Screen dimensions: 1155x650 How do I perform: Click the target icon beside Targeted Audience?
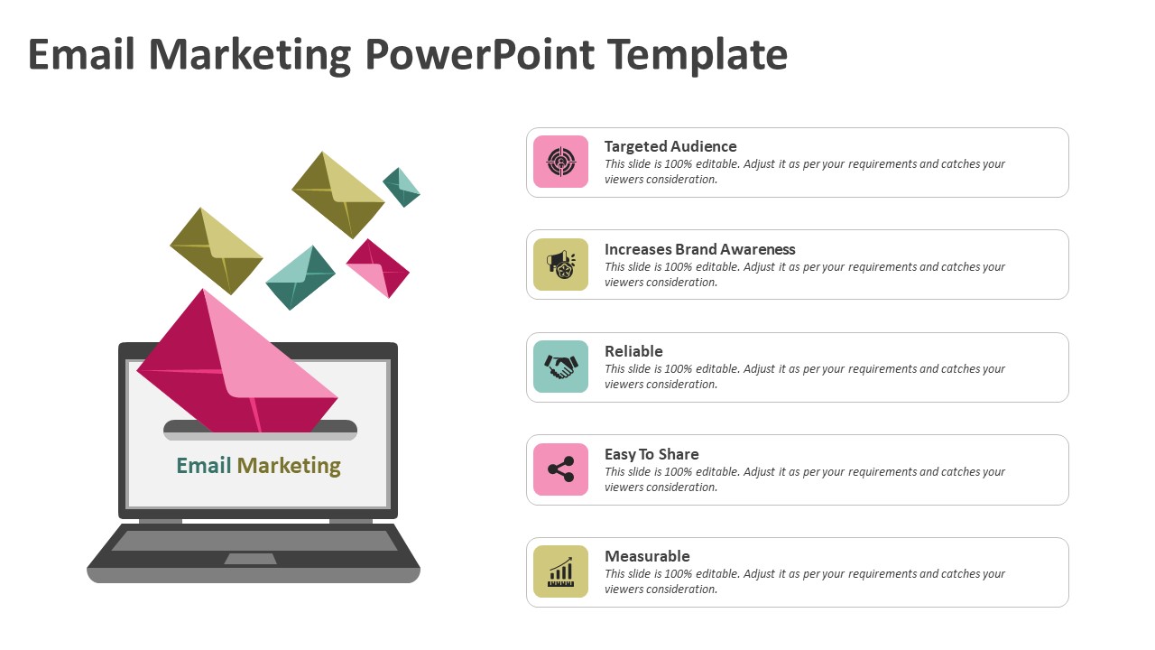[560, 162]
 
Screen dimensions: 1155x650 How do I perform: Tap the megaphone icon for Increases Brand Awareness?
[560, 265]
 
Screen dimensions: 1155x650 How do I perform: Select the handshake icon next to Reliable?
[560, 367]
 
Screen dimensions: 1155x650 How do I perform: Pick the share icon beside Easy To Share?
[560, 469]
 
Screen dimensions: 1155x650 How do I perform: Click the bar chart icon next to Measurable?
[560, 571]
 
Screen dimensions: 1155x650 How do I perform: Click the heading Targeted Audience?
[670, 146]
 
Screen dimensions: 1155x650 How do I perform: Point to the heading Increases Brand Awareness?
[699, 249]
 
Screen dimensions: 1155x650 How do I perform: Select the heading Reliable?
[633, 351]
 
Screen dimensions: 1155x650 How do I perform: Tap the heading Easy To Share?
[651, 454]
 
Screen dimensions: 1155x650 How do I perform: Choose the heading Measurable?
[647, 556]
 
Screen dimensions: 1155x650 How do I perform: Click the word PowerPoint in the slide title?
[480, 54]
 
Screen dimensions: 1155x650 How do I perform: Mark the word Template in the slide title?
[698, 56]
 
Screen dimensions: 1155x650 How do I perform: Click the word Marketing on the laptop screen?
[289, 466]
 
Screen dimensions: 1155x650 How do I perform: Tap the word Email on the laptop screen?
[204, 465]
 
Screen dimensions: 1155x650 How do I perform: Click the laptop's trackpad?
[250, 559]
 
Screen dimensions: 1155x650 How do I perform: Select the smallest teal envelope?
[402, 187]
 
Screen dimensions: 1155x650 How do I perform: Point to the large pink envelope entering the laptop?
[237, 361]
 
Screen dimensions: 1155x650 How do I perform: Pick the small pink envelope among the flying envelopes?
[378, 268]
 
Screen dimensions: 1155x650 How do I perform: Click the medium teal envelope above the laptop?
[300, 277]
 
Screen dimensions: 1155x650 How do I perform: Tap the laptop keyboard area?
[254, 540]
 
